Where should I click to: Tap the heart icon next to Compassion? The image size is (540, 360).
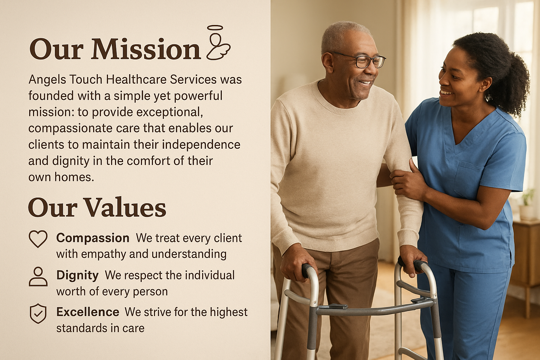[38, 239]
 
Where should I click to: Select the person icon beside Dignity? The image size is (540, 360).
[38, 276]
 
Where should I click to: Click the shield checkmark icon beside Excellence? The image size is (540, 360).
[38, 313]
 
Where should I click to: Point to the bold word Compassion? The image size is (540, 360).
[93, 238]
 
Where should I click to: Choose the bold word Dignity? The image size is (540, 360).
[77, 275]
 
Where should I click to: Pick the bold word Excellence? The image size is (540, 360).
[88, 312]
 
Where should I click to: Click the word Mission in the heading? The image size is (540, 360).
[146, 49]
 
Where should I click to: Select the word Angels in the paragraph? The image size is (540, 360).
[47, 80]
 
